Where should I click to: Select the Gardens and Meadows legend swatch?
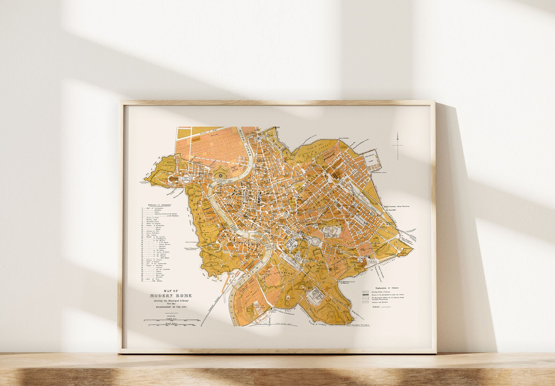[x=366, y=302]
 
